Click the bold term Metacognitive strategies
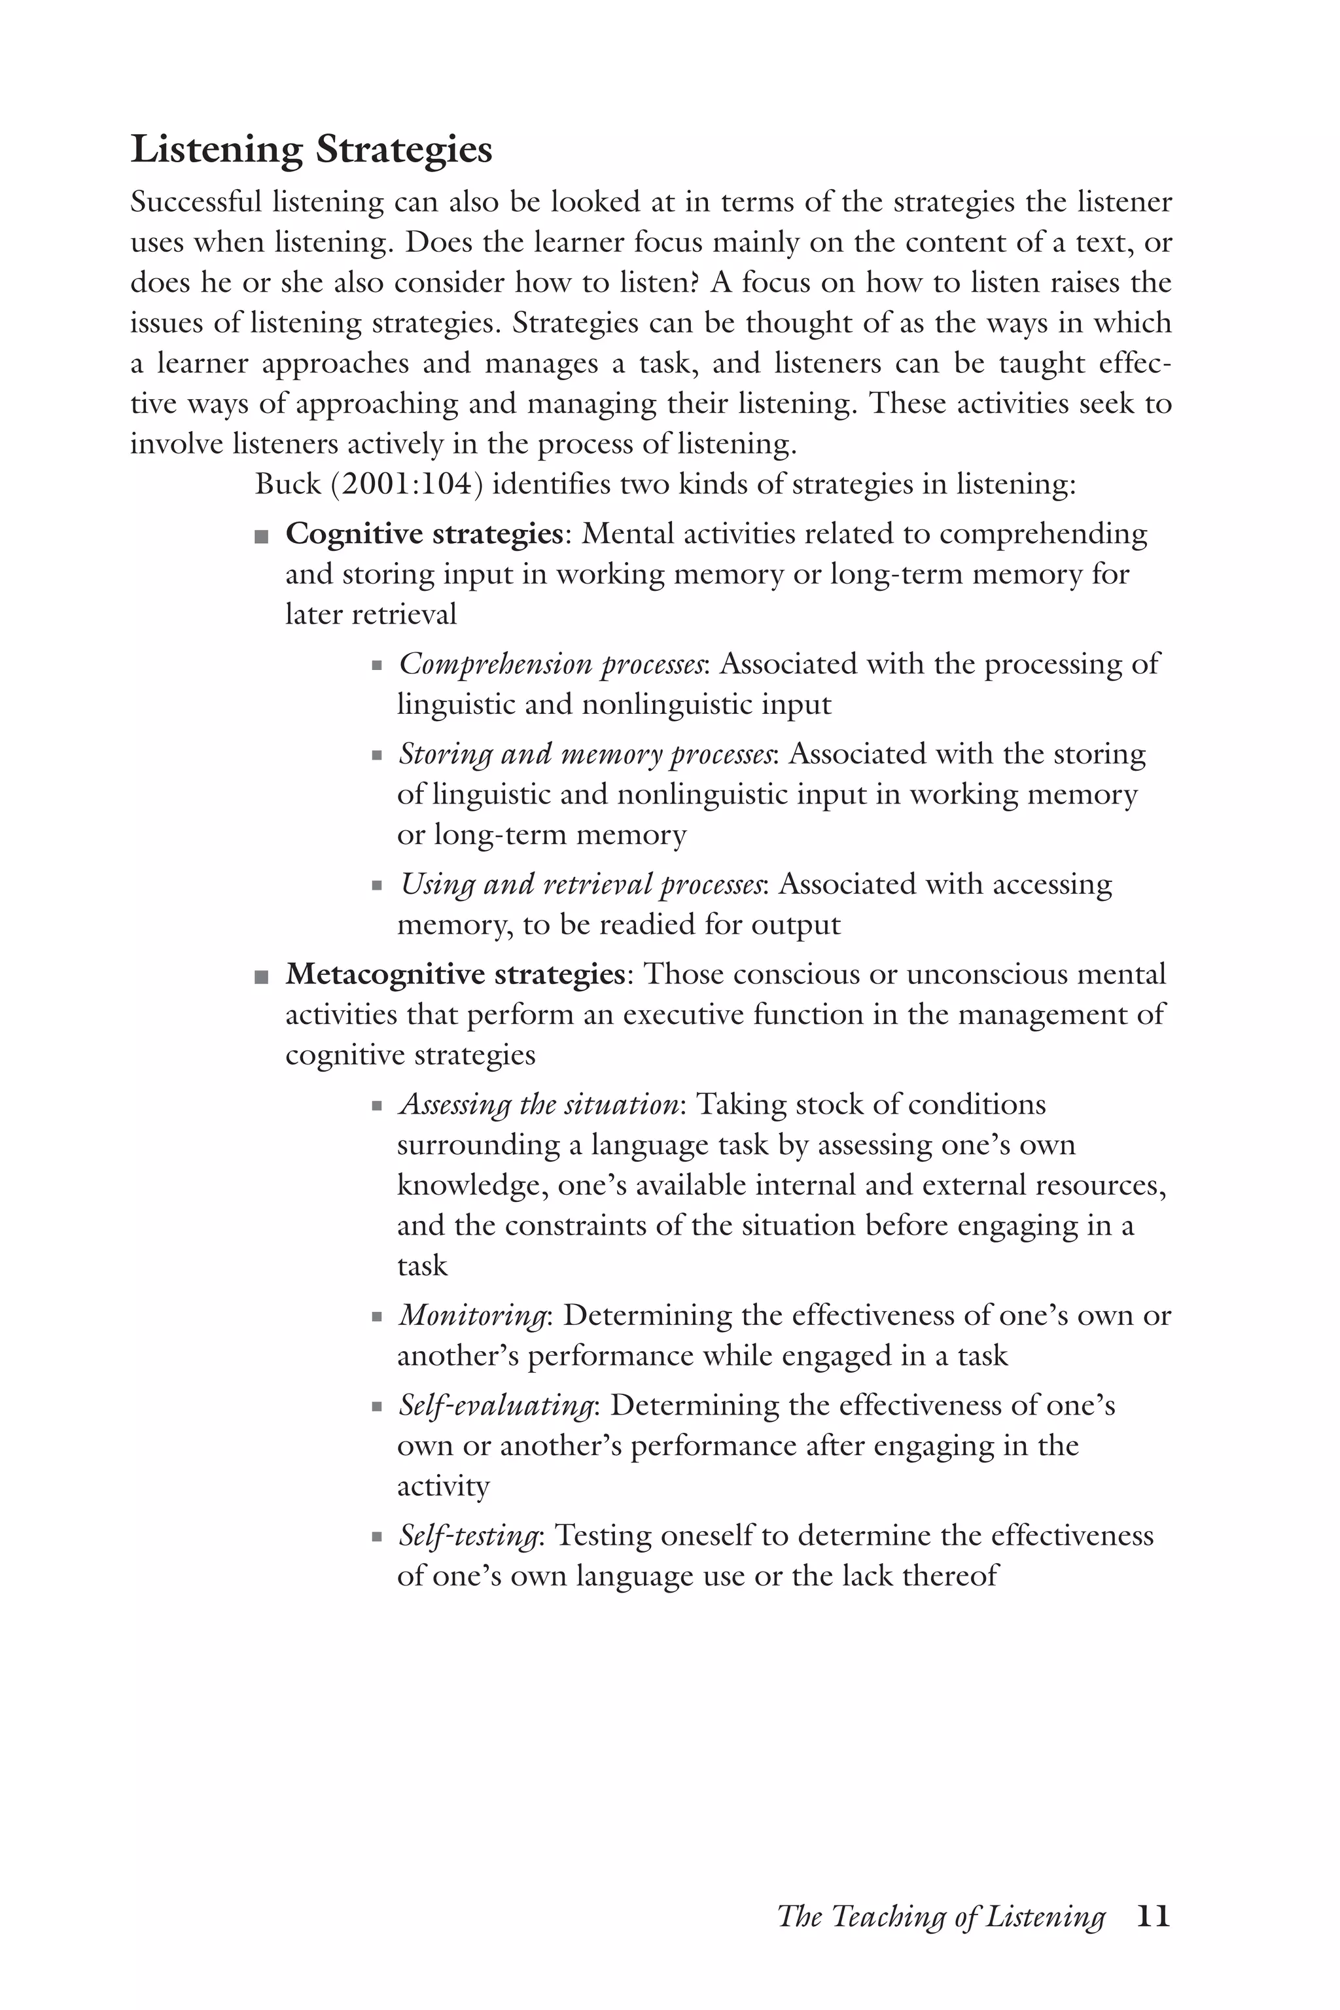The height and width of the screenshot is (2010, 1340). pos(455,974)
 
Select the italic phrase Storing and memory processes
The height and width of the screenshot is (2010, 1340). pos(587,754)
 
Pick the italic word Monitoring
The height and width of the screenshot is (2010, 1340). pos(472,1315)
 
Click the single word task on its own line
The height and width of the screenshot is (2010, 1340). pos(422,1265)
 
